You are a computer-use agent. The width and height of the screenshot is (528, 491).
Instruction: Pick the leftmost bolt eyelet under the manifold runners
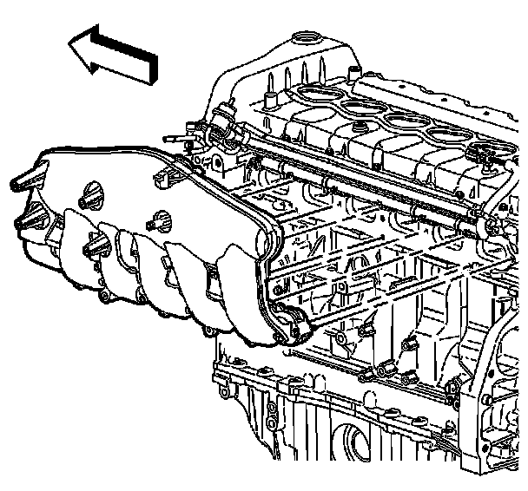pyautogui.click(x=102, y=299)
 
